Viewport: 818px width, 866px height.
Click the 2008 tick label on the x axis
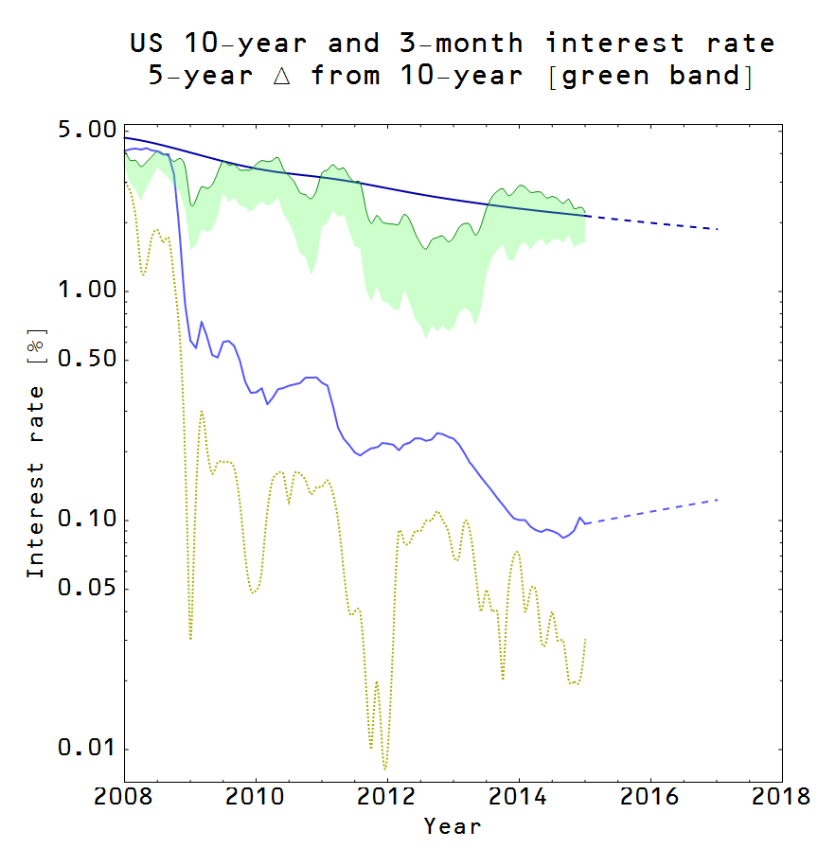tap(124, 793)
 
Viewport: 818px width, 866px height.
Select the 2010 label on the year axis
tap(256, 793)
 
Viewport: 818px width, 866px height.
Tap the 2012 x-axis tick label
tap(387, 793)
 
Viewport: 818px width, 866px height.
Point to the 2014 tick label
tap(519, 793)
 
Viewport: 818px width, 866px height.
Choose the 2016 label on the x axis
tap(650, 793)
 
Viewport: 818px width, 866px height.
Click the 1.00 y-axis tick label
tap(86, 291)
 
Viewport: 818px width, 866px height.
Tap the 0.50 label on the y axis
tap(86, 360)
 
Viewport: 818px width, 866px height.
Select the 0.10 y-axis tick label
tap(86, 520)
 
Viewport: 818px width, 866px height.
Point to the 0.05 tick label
tap(86, 589)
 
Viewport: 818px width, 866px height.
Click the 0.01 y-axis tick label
tap(86, 749)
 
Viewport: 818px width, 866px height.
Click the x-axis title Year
tap(453, 826)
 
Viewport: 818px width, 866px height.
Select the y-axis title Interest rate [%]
tap(36, 454)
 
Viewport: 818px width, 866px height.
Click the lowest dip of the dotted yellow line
tap(385, 769)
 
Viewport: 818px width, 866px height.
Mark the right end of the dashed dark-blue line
tap(719, 229)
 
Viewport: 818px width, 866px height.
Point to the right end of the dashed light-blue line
tap(719, 499)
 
